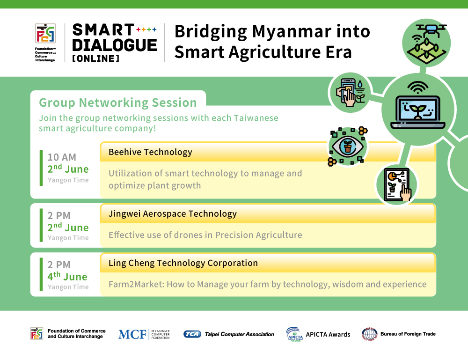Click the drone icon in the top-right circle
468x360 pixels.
[427, 43]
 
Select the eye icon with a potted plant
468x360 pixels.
[347, 146]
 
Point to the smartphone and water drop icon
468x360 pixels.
[351, 92]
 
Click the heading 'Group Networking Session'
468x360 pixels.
[118, 103]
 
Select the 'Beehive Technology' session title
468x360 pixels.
[150, 152]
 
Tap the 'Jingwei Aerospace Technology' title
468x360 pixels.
[173, 214]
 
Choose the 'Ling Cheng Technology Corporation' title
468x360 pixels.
[183, 263]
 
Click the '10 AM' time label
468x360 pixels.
[62, 157]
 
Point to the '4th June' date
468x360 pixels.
[67, 276]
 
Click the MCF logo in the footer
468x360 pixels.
[144, 334]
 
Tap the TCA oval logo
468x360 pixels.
[192, 334]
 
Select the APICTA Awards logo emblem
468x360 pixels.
[294, 334]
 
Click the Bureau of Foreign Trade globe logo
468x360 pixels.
[370, 334]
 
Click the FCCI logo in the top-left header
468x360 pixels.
[45, 33]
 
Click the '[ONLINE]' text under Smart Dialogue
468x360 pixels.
[95, 59]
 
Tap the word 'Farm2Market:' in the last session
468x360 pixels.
[136, 284]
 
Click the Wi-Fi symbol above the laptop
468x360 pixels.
[418, 87]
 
